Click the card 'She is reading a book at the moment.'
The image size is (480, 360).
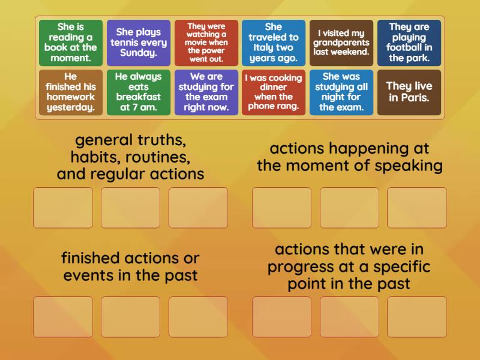pos(71,43)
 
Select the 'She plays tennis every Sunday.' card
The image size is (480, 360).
pos(139,43)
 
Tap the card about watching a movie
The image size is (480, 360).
pos(206,43)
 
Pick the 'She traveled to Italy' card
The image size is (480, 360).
pos(274,43)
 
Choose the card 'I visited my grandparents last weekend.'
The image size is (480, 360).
pos(341,43)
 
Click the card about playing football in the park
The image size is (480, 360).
pos(409,43)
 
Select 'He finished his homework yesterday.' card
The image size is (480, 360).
pos(71,92)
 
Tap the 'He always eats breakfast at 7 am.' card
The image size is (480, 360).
pos(139,92)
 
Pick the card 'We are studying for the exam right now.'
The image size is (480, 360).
pos(206,92)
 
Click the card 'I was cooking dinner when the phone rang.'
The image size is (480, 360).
pos(274,92)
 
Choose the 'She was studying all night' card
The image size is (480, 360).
pos(341,92)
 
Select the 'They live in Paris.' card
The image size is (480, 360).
pos(409,92)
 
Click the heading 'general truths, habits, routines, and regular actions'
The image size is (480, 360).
pos(130,157)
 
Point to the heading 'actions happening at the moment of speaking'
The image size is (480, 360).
pos(350,157)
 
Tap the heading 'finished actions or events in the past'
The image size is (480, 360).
pos(130,267)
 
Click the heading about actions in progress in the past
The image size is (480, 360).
pos(350,266)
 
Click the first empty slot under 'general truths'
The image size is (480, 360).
pos(63,208)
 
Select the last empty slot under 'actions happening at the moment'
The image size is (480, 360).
pos(417,208)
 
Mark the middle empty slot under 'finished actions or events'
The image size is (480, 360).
pos(131,317)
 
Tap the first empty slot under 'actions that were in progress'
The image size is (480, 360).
pos(282,317)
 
